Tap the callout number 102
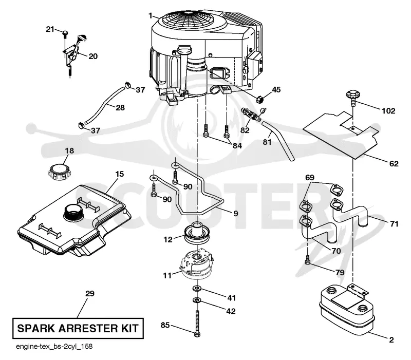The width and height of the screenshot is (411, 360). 388,111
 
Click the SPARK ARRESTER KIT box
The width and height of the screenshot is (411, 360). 78,328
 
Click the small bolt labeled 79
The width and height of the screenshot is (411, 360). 308,260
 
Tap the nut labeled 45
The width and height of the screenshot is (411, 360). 260,99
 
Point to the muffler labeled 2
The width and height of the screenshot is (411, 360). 347,310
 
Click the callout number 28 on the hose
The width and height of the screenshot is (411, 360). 120,108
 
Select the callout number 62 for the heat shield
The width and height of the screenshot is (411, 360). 394,164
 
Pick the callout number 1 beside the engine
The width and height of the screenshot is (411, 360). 150,16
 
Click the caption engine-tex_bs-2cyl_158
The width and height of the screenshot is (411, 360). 54,346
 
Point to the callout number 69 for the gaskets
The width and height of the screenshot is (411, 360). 310,177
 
